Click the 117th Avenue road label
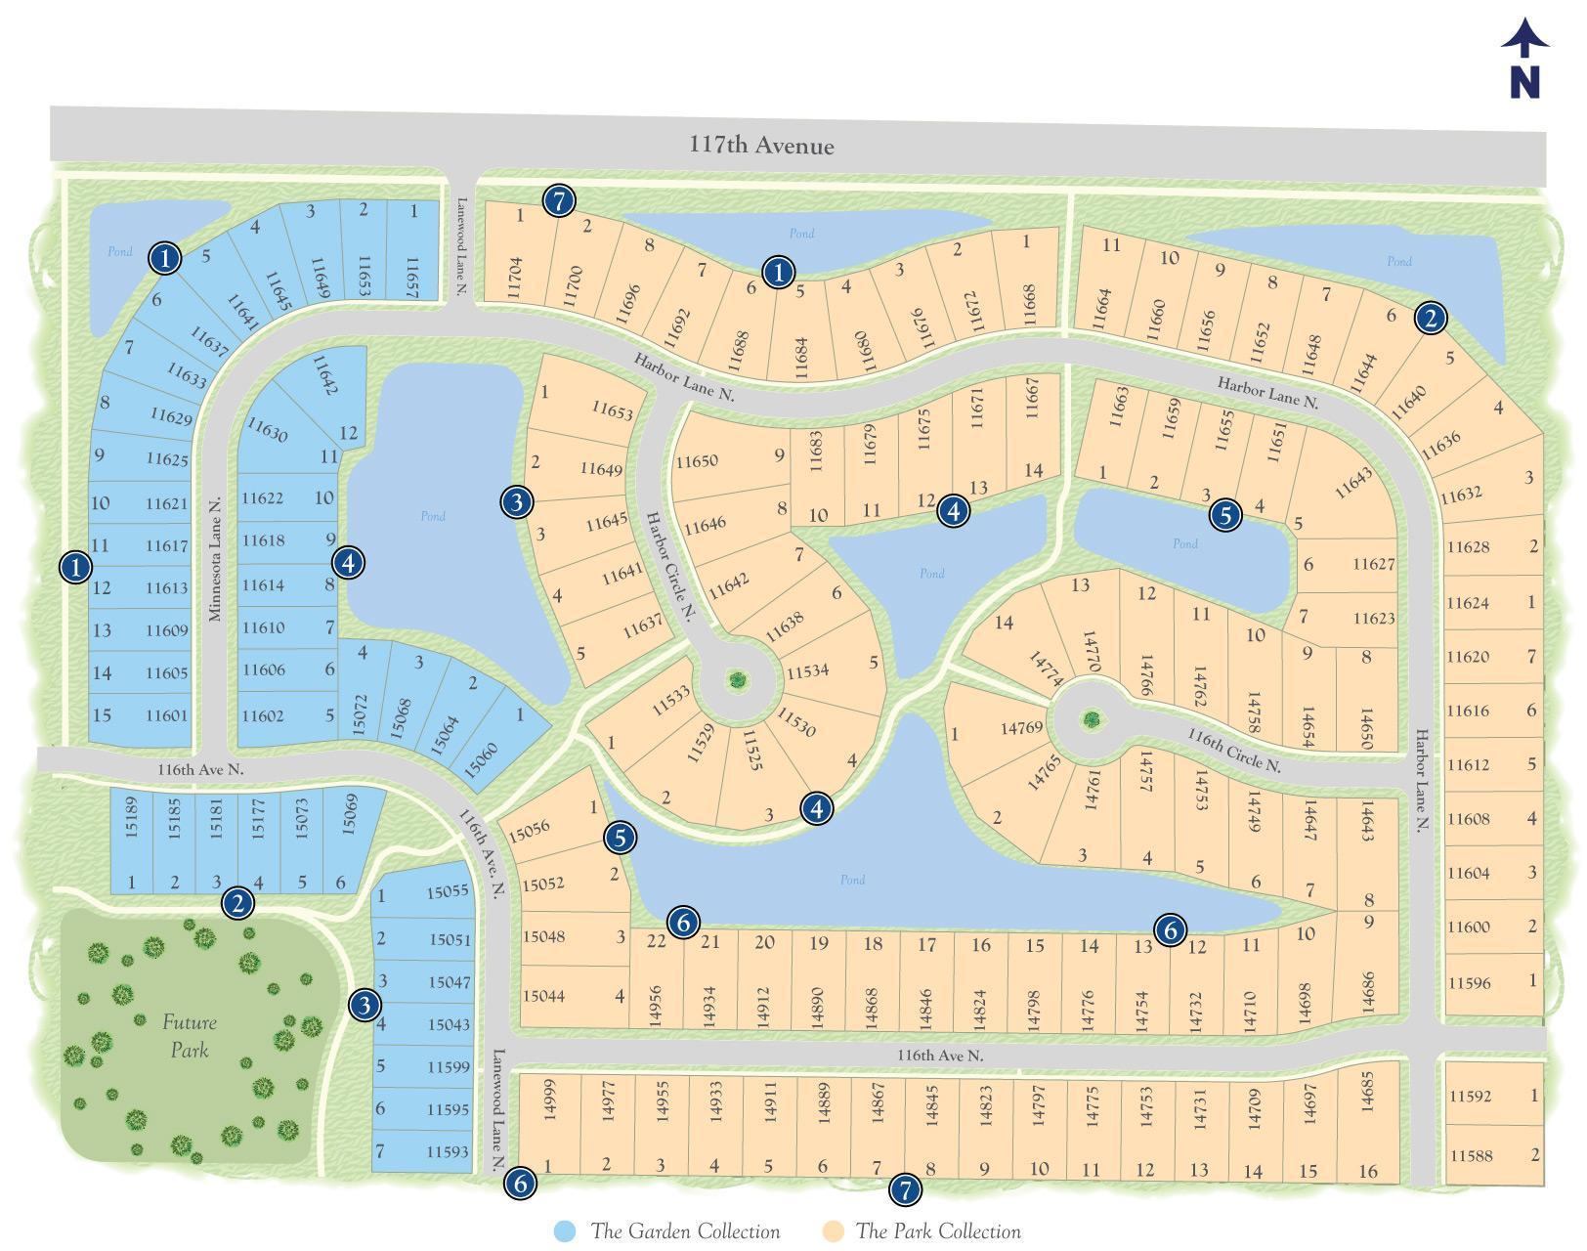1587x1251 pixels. pos(761,146)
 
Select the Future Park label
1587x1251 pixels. pos(190,1036)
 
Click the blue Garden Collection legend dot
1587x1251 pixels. pos(565,1231)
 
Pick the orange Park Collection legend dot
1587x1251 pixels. pos(834,1231)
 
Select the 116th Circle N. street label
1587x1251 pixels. pos(1233,750)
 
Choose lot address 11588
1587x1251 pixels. pos(1471,1155)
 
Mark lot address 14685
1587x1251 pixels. pos(1367,1092)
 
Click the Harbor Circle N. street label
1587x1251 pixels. pos(671,567)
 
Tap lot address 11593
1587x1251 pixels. pos(448,1151)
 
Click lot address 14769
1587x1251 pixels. pos(1022,727)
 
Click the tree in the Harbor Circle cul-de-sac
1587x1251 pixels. pos(737,679)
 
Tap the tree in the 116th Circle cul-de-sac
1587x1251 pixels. pos(1091,720)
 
